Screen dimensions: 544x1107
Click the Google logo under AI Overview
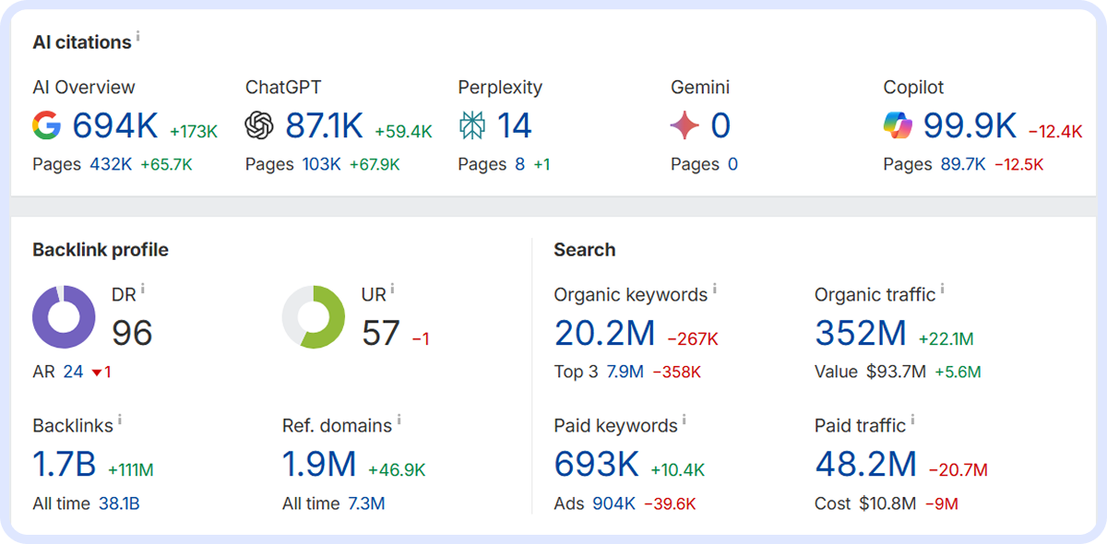[x=46, y=126]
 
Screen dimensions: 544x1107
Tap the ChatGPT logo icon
[x=259, y=126]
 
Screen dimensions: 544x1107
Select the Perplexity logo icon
[x=472, y=126]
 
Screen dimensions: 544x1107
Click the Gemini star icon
[x=684, y=126]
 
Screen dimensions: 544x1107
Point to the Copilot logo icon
[x=898, y=126]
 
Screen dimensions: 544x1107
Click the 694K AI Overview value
[x=115, y=126]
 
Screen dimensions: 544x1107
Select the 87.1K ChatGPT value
[x=324, y=126]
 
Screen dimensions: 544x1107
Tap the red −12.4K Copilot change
[x=1054, y=132]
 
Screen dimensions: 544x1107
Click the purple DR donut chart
[x=64, y=317]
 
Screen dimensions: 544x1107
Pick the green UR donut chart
[x=314, y=317]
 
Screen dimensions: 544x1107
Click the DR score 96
[x=132, y=333]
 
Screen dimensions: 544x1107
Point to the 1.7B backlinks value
[x=65, y=465]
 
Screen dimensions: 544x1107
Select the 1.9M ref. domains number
[x=319, y=465]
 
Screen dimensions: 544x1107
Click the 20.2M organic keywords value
[x=604, y=333]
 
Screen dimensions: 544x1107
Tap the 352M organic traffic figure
[x=861, y=333]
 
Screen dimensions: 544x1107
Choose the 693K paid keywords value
[x=596, y=465]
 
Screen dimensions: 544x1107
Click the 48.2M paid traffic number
[x=865, y=465]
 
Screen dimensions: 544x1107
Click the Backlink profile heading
[x=101, y=250]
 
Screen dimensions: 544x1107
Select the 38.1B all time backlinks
[x=119, y=504]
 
